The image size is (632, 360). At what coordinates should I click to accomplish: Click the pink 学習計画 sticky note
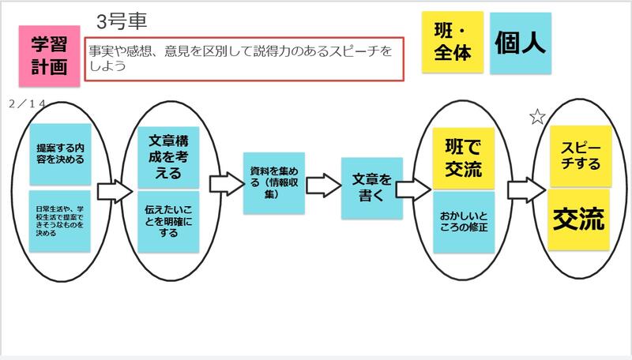pos(51,55)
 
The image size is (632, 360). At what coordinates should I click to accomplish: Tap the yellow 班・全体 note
pos(452,43)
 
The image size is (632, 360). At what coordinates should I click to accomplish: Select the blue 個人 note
pos(520,43)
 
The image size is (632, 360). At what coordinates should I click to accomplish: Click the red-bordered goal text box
pos(245,58)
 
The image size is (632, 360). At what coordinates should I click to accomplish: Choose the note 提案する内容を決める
pos(60,152)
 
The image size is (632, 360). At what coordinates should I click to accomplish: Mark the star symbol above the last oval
pos(537,117)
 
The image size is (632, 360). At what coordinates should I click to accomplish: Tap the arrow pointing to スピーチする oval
pos(524,188)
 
